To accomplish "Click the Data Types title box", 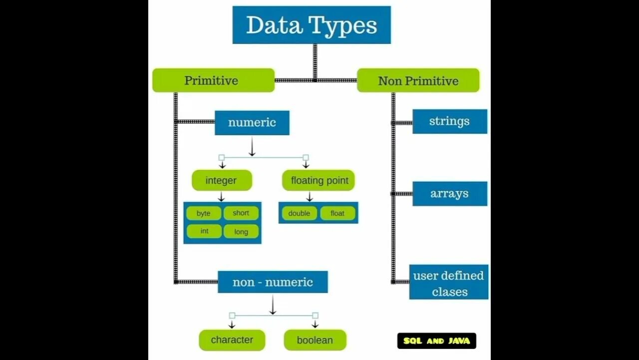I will tap(312, 25).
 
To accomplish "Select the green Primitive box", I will tap(213, 80).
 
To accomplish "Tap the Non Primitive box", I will tap(418, 80).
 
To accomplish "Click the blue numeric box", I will tap(252, 122).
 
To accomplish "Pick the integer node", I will tap(221, 180).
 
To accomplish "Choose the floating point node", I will tap(319, 180).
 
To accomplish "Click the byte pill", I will tap(204, 213).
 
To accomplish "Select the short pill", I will tap(241, 213).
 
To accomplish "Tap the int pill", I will tap(204, 231).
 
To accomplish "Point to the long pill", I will tap(241, 231).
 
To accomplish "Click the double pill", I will tap(299, 213).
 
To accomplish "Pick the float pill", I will tap(337, 213).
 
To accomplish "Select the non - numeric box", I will tap(273, 282).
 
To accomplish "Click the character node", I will tap(232, 340).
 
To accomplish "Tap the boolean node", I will tap(315, 340).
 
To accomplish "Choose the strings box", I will tap(449, 121).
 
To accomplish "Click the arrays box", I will tap(449, 193).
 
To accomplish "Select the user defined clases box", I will tap(448, 283).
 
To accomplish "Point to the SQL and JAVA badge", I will tap(436, 341).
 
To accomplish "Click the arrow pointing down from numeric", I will tap(252, 147).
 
